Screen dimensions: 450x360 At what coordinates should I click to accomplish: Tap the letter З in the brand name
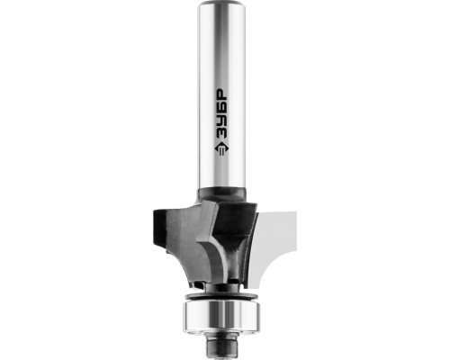pyautogui.click(x=222, y=134)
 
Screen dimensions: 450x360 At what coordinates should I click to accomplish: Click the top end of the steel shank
pyautogui.click(x=221, y=3)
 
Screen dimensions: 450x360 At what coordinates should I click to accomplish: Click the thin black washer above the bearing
pyautogui.click(x=221, y=296)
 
